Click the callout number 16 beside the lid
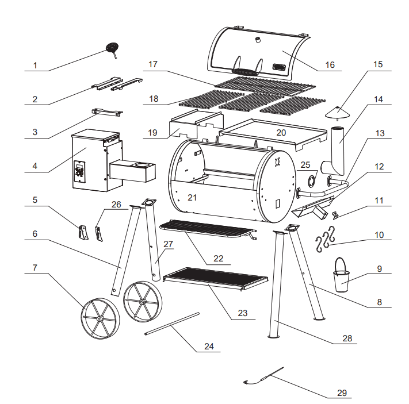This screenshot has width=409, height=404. click(x=329, y=65)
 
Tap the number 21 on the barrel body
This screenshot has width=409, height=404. click(x=192, y=198)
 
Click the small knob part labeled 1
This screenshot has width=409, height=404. click(x=112, y=47)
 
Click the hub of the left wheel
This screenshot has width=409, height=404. click(x=100, y=318)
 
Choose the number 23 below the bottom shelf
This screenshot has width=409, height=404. click(x=242, y=313)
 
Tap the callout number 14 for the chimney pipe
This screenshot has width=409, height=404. click(x=378, y=99)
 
